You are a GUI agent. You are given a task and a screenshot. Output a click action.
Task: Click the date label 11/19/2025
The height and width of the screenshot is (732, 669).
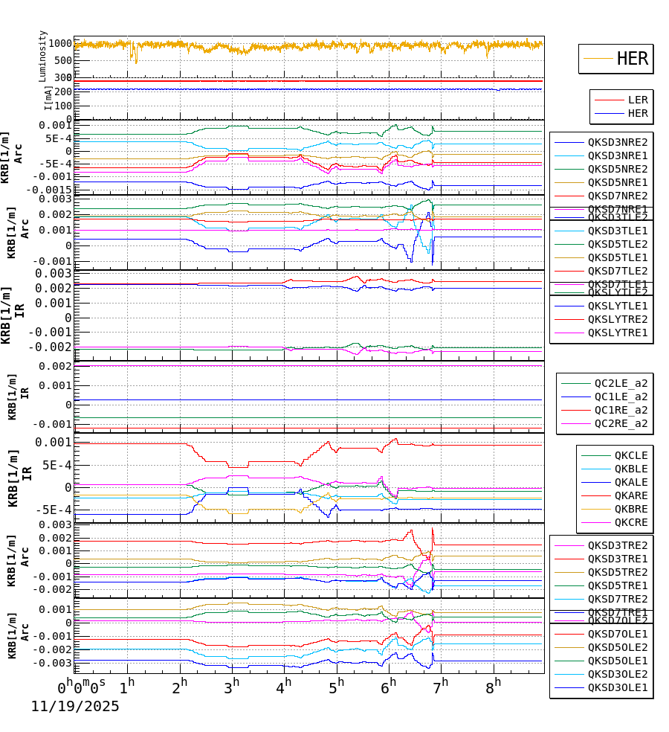[74, 707]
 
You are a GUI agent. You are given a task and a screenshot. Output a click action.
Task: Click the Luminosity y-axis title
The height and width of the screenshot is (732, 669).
[43, 56]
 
